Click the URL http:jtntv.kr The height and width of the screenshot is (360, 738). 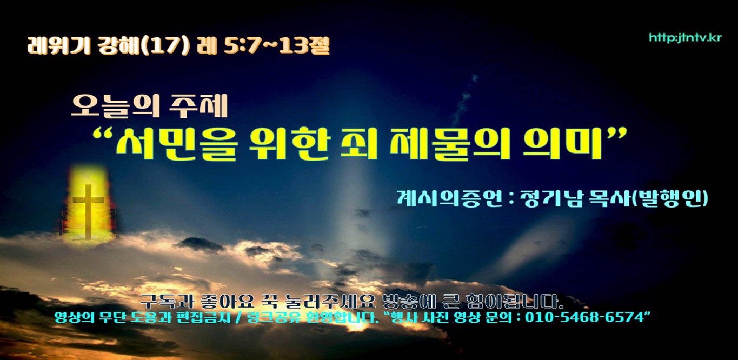[686, 38]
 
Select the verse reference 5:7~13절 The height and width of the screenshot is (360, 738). [276, 45]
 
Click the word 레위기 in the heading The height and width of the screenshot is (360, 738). [59, 45]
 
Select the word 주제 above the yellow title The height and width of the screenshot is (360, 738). [198, 106]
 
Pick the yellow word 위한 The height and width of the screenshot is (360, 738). [290, 144]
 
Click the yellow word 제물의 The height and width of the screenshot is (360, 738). [450, 144]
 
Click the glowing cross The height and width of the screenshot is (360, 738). [88, 211]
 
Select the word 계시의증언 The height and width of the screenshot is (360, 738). [449, 198]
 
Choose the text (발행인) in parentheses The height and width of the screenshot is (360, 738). [669, 198]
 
